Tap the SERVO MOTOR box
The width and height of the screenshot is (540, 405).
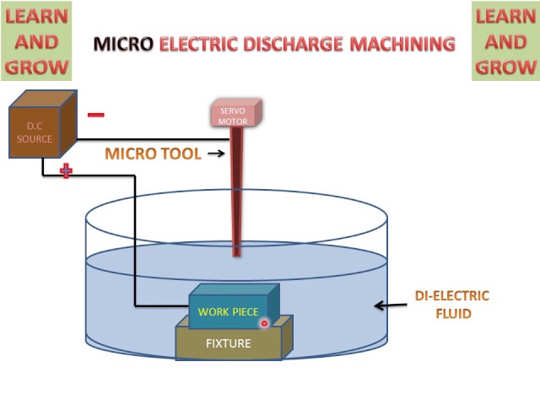[x=235, y=115]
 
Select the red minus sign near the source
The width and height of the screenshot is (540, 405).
[x=96, y=115]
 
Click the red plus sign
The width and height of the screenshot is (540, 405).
[x=66, y=171]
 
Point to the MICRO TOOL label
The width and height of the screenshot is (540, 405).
[x=153, y=154]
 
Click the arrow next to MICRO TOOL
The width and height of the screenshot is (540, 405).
[x=216, y=154]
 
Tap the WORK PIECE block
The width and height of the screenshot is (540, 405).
[x=230, y=308]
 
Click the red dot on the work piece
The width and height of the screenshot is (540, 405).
[x=264, y=322]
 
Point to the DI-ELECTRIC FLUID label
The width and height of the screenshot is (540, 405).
[x=451, y=305]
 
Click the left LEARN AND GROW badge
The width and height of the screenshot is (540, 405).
[x=36, y=41]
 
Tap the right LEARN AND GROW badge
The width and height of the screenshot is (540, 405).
[x=505, y=41]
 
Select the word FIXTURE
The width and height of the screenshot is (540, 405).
[x=229, y=343]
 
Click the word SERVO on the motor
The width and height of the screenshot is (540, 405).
[x=233, y=111]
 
